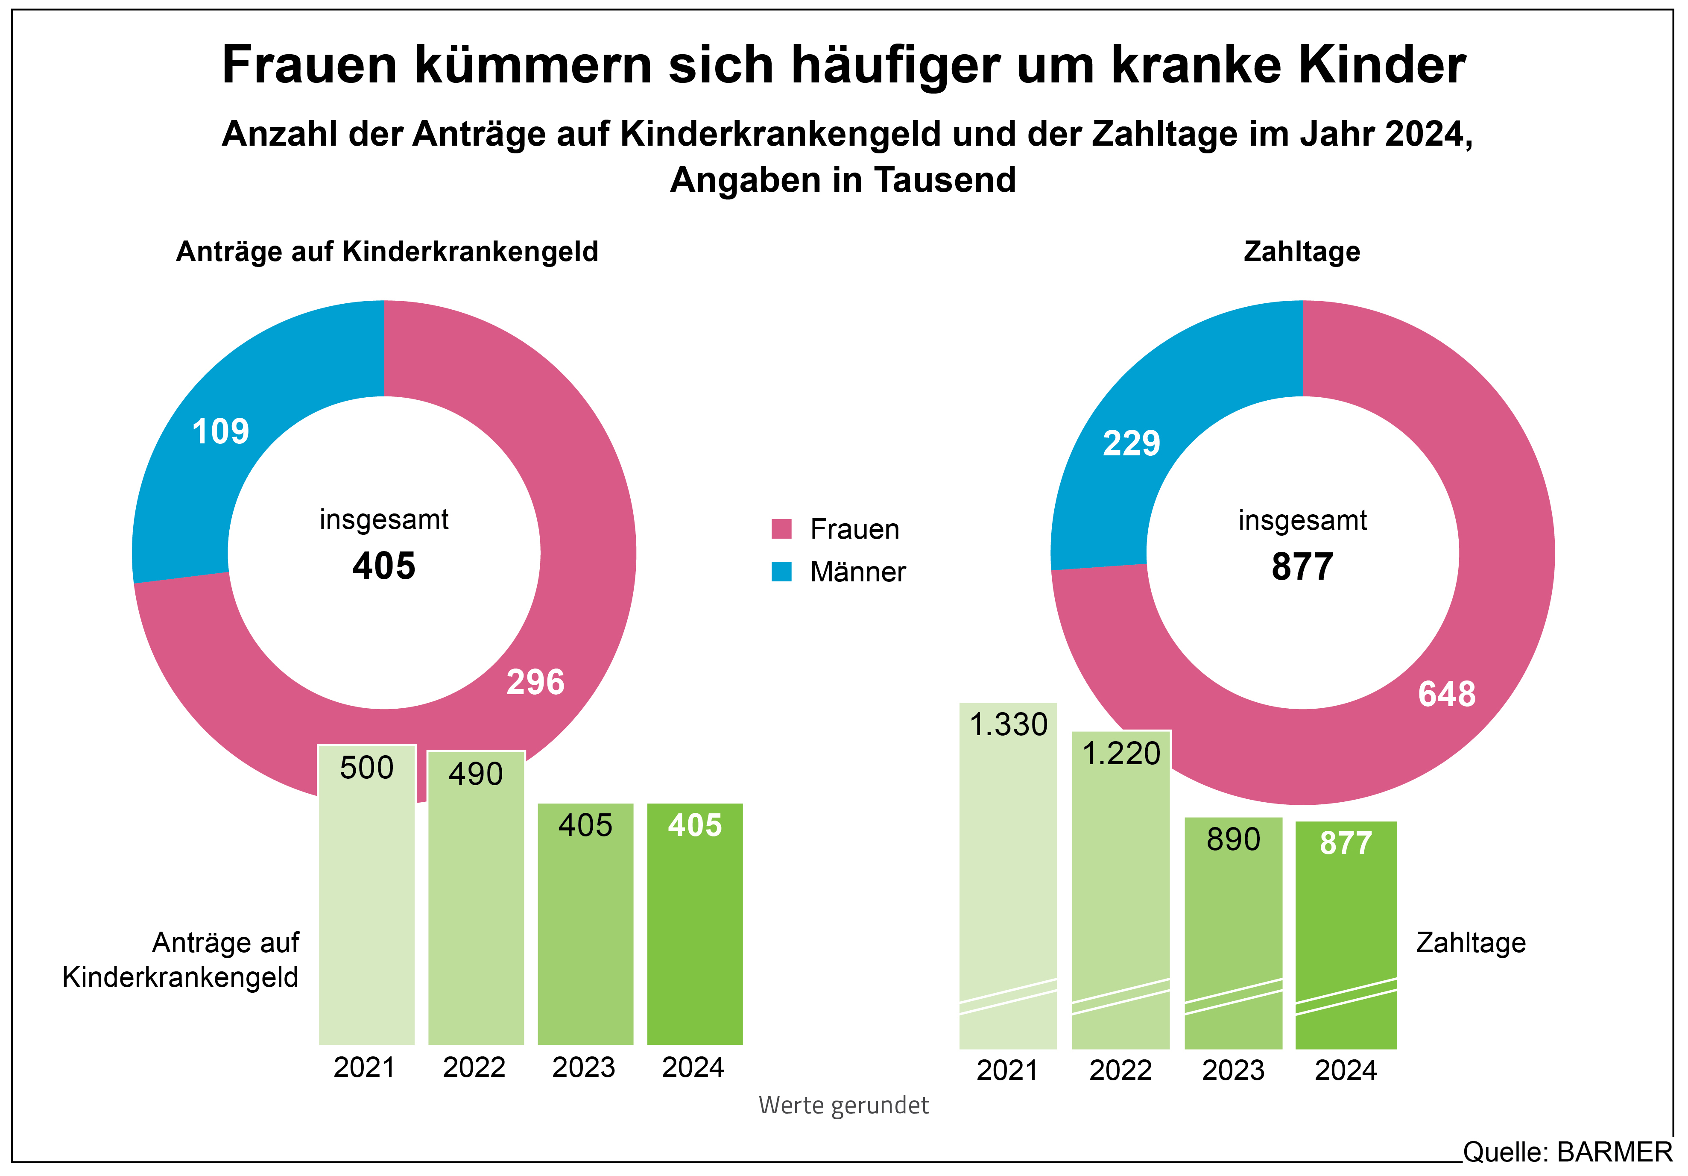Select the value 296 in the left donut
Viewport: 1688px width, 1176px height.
click(x=535, y=683)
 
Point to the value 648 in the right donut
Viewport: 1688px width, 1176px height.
click(x=1446, y=694)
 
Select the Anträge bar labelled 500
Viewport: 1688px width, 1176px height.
click(x=367, y=905)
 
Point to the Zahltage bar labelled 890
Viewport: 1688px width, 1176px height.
click(x=1233, y=934)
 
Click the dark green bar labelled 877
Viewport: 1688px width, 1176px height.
click(x=1346, y=934)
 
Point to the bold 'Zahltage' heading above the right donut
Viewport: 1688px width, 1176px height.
click(x=1301, y=252)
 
